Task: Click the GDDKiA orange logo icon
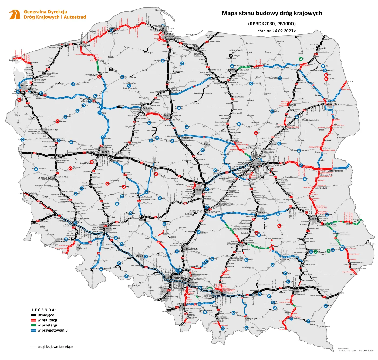tap(15, 15)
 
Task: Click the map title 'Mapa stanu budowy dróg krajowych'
tap(272, 13)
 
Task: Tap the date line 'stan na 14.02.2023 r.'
tap(277, 31)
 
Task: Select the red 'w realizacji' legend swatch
tap(33, 320)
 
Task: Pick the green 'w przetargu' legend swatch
tap(33, 325)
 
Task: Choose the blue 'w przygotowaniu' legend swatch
tap(33, 331)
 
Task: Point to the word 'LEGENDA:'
tap(44, 310)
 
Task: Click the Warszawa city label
tap(257, 164)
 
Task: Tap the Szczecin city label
tap(26, 85)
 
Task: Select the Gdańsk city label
tap(170, 34)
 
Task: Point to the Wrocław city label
tap(110, 229)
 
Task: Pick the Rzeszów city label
tap(299, 292)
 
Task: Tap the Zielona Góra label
tap(46, 178)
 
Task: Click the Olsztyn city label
tap(231, 70)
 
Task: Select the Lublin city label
tap(314, 219)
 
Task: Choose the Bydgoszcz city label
tap(148, 108)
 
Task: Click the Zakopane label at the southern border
tap(219, 338)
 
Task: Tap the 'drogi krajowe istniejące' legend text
tap(55, 347)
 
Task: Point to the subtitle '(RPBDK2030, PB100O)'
tap(272, 24)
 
